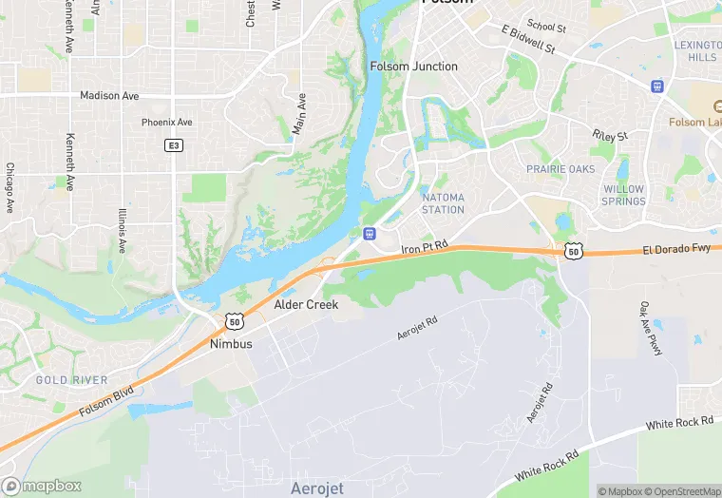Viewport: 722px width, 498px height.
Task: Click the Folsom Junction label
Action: (x=413, y=67)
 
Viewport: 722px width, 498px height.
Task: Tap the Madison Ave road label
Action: (x=109, y=95)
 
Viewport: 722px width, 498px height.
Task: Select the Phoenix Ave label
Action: (x=166, y=123)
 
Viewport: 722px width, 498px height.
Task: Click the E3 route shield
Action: (x=173, y=145)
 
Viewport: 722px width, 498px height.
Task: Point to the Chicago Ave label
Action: (x=10, y=187)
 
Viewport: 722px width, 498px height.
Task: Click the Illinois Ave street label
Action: (x=123, y=230)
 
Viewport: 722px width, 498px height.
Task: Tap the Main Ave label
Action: (x=299, y=113)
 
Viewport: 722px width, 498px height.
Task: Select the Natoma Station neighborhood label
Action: (x=443, y=202)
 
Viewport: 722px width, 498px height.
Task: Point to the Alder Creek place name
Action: (x=306, y=305)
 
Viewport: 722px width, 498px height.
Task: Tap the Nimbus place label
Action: (x=231, y=344)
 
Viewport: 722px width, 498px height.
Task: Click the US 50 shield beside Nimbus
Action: (x=234, y=323)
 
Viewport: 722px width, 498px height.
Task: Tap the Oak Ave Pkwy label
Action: (x=651, y=329)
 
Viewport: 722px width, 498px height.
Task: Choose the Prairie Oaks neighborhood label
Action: (x=560, y=169)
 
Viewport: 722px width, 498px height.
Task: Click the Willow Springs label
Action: (x=623, y=195)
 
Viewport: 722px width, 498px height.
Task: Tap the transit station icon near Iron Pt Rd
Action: (x=368, y=233)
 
